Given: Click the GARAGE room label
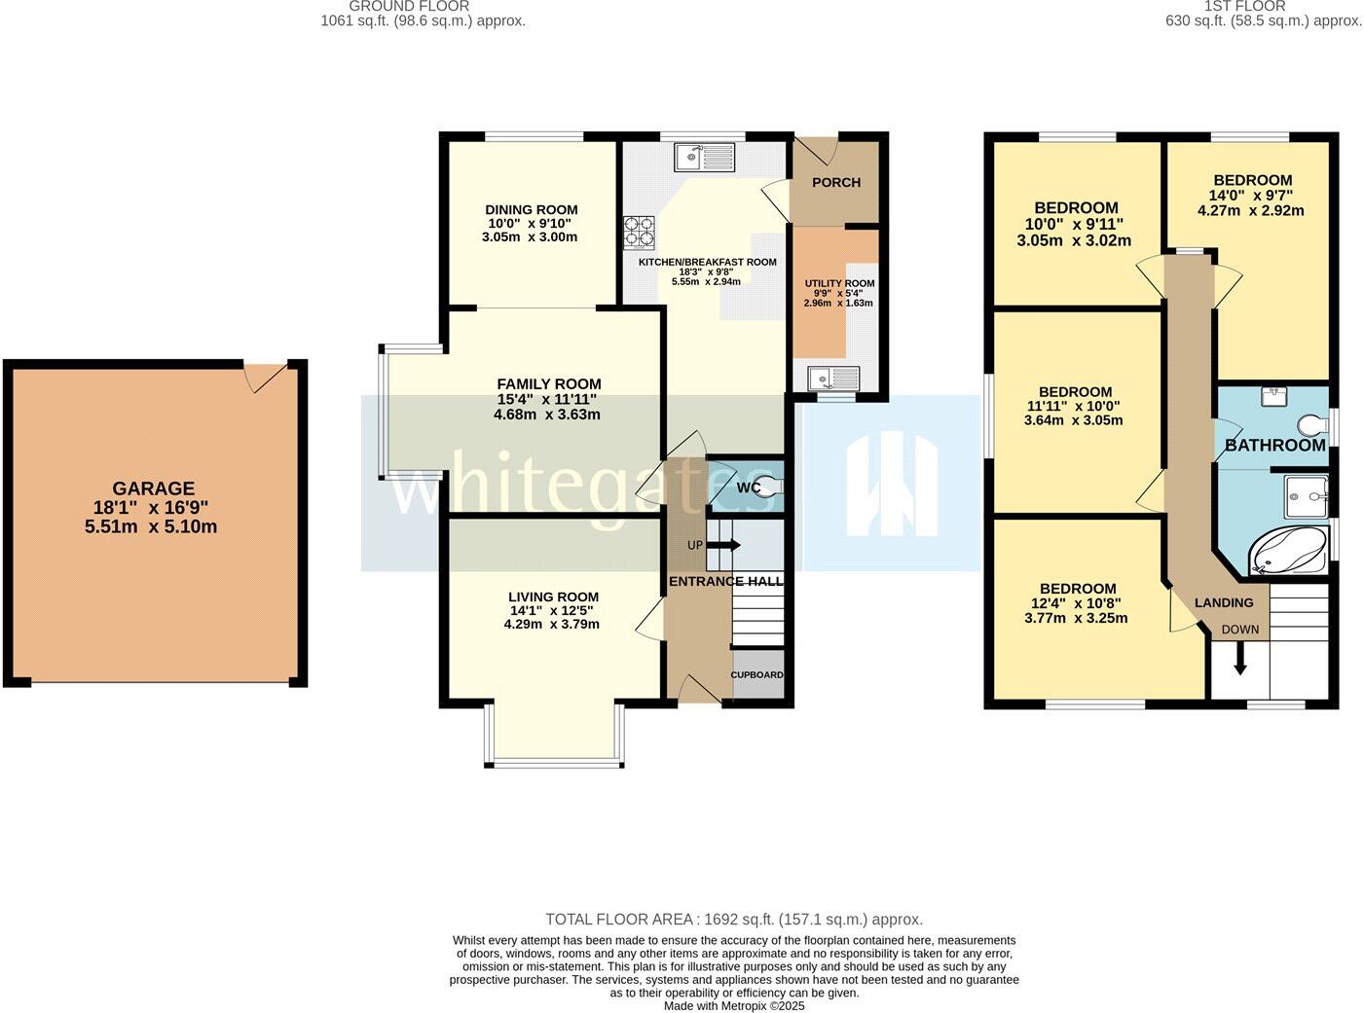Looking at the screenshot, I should [x=153, y=488].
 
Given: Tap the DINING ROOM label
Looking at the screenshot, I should [x=531, y=209].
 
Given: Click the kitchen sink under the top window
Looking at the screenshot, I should [x=704, y=156].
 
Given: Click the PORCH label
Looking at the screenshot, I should [x=835, y=182].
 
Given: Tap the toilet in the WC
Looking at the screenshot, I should [x=767, y=487].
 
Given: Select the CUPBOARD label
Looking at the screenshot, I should [x=757, y=674].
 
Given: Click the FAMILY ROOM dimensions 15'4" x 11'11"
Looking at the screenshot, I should [x=547, y=399].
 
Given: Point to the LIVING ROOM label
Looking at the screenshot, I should [x=553, y=597].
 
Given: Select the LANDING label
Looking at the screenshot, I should [x=1223, y=602].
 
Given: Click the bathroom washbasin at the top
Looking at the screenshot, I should [x=1273, y=395].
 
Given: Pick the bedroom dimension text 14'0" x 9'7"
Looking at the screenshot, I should [x=1252, y=195].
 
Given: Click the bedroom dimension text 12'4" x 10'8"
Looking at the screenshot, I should [x=1077, y=603].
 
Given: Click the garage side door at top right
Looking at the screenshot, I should [x=266, y=377].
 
